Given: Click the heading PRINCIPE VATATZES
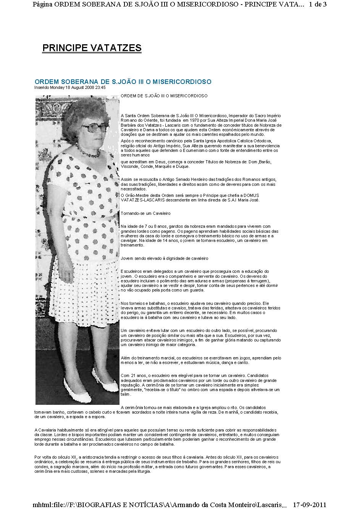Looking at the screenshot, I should [x=92, y=48].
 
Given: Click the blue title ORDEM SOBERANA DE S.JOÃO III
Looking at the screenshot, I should [x=123, y=82].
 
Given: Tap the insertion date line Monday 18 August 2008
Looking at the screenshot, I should [x=70, y=87].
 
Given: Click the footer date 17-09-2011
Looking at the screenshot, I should [x=309, y=504].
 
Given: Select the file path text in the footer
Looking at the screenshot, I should [x=160, y=504].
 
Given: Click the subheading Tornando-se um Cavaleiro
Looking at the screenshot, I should [x=145, y=213].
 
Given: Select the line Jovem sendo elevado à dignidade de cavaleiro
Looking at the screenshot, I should [x=164, y=258].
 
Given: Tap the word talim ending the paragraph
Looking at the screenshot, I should [x=124, y=394].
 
